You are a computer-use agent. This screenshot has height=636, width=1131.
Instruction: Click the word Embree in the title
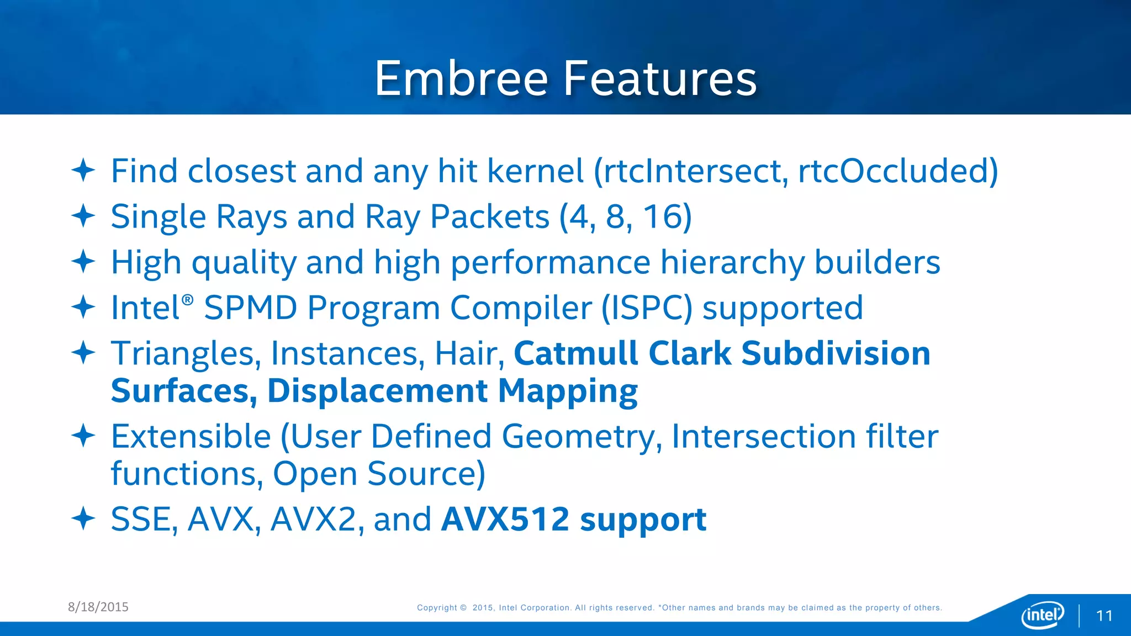tap(461, 78)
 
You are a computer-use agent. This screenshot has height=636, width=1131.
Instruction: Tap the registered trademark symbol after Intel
tap(188, 300)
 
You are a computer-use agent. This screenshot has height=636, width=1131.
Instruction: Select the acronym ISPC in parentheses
tap(646, 308)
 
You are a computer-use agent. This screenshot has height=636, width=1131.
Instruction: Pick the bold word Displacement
tap(377, 391)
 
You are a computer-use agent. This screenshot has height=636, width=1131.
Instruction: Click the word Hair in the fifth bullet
tap(467, 353)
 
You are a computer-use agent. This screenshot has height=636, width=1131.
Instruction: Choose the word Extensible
tap(191, 436)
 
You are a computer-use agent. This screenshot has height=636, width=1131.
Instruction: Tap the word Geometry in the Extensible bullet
tap(578, 436)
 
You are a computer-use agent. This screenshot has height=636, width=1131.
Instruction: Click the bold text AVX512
tap(505, 520)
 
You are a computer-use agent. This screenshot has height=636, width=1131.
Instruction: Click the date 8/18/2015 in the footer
tap(98, 607)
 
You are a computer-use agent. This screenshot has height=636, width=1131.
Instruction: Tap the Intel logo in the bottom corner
tap(1042, 614)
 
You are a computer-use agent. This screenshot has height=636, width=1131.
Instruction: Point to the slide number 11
tap(1104, 616)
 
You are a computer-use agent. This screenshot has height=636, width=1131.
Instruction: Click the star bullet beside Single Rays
tap(84, 216)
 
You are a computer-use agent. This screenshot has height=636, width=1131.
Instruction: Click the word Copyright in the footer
tap(437, 607)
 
